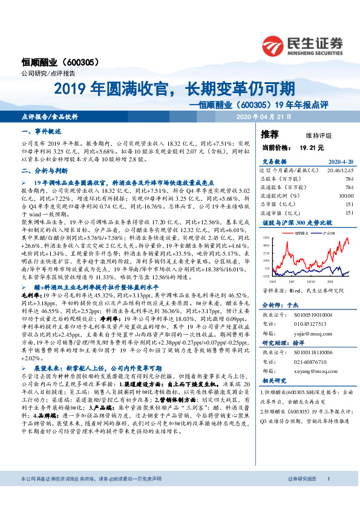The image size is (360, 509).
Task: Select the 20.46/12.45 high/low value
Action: pyautogui.click(x=340, y=171)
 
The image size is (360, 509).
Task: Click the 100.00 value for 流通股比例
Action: pyautogui.click(x=345, y=196)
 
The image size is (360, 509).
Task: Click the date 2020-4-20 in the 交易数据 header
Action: pyautogui.click(x=339, y=162)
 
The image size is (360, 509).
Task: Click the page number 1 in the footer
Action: pyautogui.click(x=327, y=496)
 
